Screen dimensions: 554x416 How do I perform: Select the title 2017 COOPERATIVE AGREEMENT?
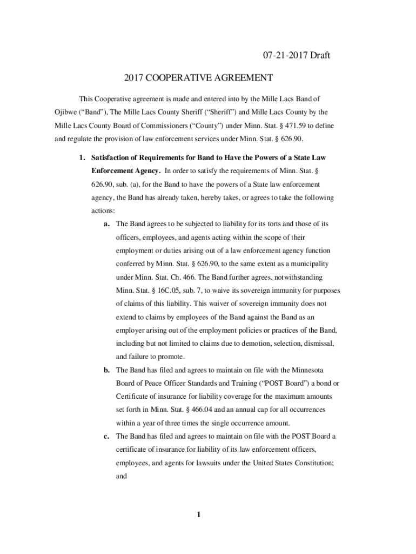(x=198, y=78)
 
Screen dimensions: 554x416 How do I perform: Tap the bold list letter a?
(x=108, y=224)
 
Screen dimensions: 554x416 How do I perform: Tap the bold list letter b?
(x=108, y=370)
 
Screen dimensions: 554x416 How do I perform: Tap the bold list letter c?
(x=108, y=436)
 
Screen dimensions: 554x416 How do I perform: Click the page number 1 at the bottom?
(x=199, y=515)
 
